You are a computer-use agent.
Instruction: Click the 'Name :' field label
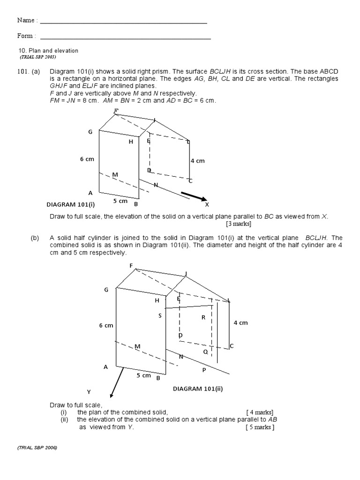27,20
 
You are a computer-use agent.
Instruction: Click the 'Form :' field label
26,36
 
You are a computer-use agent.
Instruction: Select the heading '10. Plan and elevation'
48,51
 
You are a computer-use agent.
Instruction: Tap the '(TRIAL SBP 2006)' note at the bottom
38,448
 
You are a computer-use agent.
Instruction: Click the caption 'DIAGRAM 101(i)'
71,204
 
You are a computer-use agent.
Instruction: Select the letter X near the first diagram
207,205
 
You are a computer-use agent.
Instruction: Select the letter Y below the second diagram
88,391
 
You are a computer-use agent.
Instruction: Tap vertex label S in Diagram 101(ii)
160,315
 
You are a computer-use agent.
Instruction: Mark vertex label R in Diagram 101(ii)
203,317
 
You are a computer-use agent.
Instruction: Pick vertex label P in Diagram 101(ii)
204,370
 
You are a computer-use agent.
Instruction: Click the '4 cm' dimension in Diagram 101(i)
197,161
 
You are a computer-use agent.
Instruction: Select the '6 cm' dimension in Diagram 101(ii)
106,325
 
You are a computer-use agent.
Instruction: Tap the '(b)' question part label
35,238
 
